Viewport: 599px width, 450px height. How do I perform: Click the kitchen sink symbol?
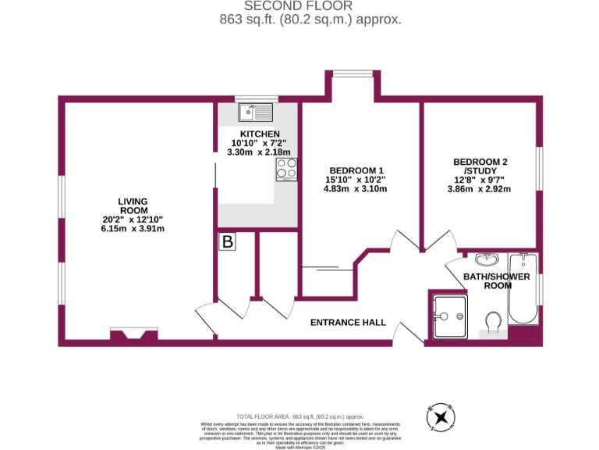point(257,113)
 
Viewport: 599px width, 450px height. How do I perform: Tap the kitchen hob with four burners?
point(286,169)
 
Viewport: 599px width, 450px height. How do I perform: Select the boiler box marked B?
point(227,242)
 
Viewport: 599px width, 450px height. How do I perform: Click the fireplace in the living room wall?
point(134,335)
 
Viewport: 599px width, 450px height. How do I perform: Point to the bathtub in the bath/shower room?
point(523,290)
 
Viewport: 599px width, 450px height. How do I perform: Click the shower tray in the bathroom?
point(448,316)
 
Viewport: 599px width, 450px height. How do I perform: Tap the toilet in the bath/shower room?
point(492,322)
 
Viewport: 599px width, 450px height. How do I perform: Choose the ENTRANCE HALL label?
point(349,323)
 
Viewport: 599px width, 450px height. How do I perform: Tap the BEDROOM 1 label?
point(356,170)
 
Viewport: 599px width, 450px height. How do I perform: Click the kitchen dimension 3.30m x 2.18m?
point(258,152)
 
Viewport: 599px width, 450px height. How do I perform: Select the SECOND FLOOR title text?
point(299,6)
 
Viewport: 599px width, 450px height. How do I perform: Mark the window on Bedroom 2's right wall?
point(538,168)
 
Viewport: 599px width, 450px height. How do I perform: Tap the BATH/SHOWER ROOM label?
point(497,281)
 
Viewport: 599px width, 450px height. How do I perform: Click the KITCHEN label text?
point(260,134)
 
